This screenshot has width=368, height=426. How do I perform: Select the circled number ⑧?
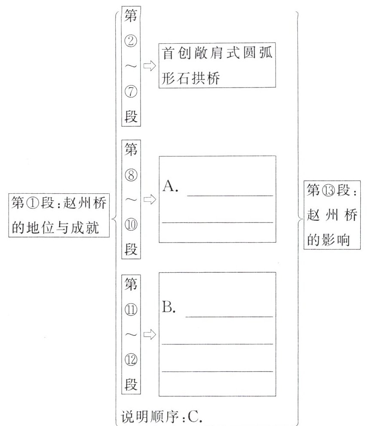click(131, 175)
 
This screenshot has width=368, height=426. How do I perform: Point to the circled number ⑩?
click(131, 225)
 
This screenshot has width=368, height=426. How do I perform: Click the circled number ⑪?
click(131, 309)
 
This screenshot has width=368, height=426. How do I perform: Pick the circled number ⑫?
click(131, 360)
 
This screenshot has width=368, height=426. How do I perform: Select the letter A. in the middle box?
click(171, 187)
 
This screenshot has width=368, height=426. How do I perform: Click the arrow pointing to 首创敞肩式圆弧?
click(150, 66)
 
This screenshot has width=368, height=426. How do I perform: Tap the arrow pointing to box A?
click(150, 200)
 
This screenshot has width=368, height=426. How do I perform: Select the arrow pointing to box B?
click(150, 335)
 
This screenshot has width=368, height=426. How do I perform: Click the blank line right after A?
click(230, 195)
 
